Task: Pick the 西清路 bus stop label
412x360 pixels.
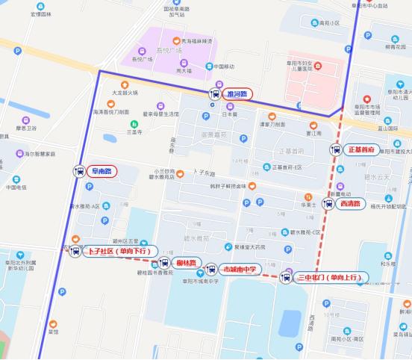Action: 349,202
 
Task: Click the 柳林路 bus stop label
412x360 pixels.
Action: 187,263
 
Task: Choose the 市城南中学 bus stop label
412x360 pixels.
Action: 239,269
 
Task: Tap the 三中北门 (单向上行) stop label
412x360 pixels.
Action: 328,278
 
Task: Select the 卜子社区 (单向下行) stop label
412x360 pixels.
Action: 122,251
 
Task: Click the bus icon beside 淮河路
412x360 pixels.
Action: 215,94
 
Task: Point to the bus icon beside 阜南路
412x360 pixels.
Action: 78,171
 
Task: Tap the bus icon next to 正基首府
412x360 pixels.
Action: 336,149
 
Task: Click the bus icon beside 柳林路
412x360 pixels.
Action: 164,263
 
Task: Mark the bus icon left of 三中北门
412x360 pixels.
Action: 284,278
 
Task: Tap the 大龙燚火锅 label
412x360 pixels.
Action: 125,93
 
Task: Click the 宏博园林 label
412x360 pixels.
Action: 42,14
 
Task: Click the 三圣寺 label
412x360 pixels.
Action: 134,132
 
